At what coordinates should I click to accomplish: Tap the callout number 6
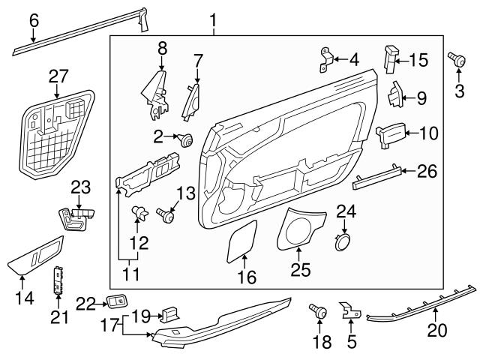(x=33, y=20)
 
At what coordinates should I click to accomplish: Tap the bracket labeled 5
(x=349, y=310)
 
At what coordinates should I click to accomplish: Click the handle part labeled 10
(x=388, y=133)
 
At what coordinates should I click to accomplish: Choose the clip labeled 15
(x=391, y=58)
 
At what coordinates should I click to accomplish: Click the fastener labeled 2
(x=184, y=137)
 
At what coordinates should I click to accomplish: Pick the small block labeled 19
(x=169, y=313)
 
